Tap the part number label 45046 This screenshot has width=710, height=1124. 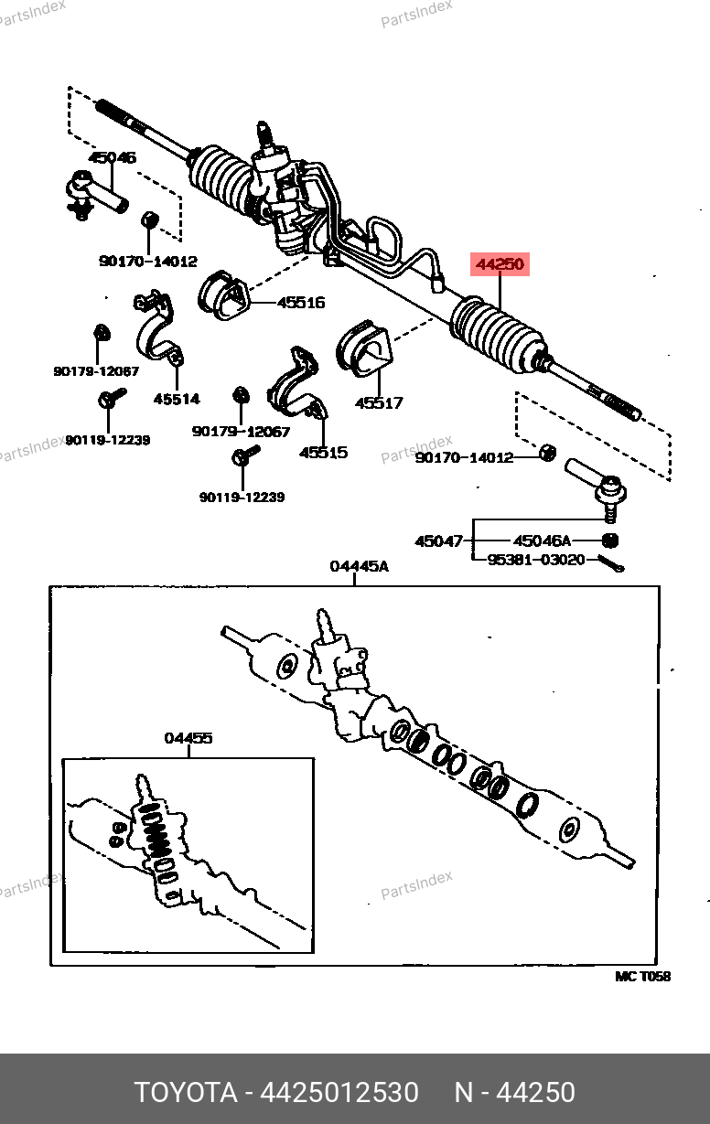pyautogui.click(x=113, y=157)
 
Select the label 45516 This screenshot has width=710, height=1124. pyautogui.click(x=301, y=303)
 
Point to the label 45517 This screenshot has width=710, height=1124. pyautogui.click(x=379, y=402)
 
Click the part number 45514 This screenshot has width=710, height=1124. pyautogui.click(x=177, y=399)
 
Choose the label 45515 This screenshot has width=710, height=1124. pyautogui.click(x=323, y=452)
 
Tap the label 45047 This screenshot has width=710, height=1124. pyautogui.click(x=439, y=541)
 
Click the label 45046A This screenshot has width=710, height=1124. pyautogui.click(x=542, y=541)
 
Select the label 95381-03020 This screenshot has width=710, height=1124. pyautogui.click(x=536, y=559)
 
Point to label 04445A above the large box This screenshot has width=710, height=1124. pyautogui.click(x=359, y=567)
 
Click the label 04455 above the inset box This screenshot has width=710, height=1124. pyautogui.click(x=188, y=738)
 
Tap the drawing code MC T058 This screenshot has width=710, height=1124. pyautogui.click(x=642, y=977)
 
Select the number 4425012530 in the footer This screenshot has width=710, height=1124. pyautogui.click(x=340, y=1093)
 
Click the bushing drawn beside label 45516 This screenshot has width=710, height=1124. pyautogui.click(x=221, y=294)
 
